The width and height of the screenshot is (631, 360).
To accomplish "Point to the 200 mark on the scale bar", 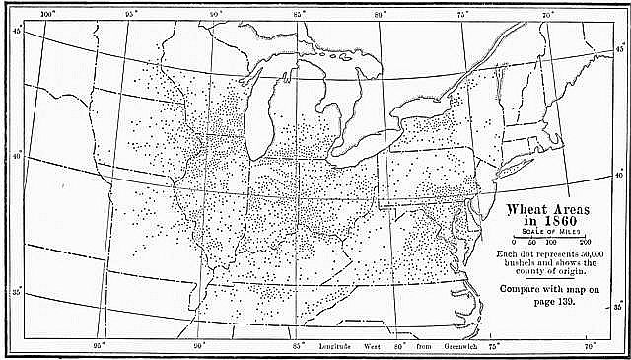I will coord(585,242).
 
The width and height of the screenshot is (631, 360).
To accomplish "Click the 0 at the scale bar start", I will coord(514,242).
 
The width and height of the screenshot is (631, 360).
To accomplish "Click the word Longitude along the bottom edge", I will coord(340,347).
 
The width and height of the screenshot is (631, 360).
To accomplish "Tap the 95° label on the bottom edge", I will coord(99,347).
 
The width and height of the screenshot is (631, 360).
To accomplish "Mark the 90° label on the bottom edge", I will coord(198,347).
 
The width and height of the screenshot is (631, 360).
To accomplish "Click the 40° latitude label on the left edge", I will coord(15,156).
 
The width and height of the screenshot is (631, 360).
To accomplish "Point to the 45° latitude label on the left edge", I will coord(15,31).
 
